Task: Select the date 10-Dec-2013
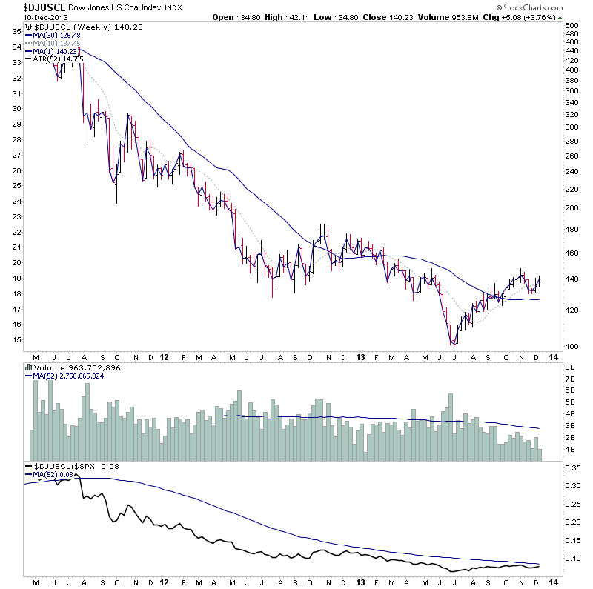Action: tap(22, 17)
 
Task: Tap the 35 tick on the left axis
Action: tap(15, 31)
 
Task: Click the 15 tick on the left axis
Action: tap(15, 339)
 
